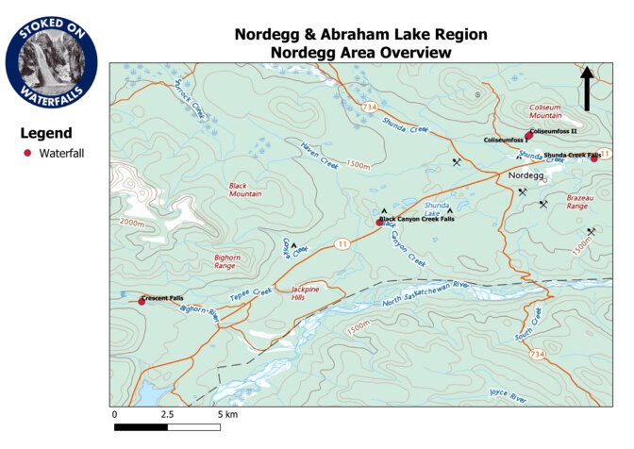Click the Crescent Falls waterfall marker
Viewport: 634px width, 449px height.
point(142,301)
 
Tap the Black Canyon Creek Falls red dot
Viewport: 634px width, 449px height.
point(380,223)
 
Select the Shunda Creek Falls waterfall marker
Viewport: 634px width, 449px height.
point(594,158)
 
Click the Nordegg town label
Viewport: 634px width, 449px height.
point(527,176)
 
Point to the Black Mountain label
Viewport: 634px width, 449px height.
point(244,190)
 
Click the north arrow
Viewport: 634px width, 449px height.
point(586,88)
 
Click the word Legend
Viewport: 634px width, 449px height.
point(46,133)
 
